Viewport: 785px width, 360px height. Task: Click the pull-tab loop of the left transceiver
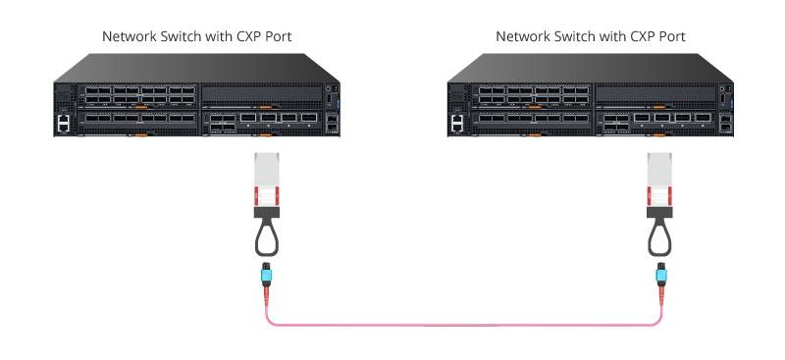pyautogui.click(x=267, y=235)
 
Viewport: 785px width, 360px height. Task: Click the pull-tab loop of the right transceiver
pyautogui.click(x=659, y=235)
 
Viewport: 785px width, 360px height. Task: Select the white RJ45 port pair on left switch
pyautogui.click(x=64, y=123)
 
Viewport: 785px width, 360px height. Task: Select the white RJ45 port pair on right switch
pyautogui.click(x=457, y=123)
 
